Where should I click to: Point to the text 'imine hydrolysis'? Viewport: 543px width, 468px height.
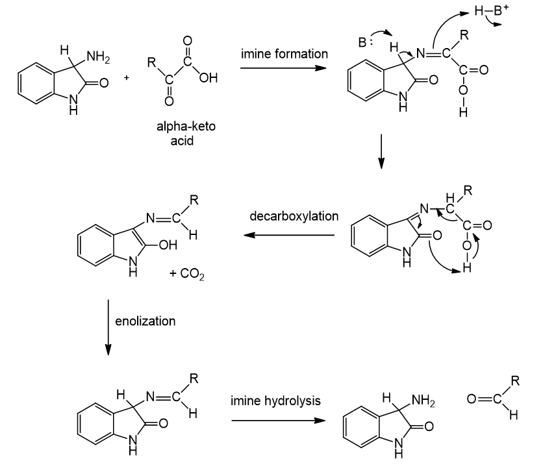pos(275,400)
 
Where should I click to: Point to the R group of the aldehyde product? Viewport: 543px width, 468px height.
pos(514,382)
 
